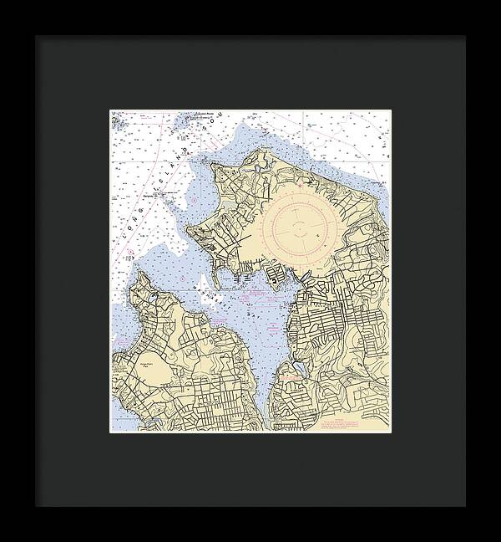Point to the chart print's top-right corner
pyautogui.click(x=390, y=110)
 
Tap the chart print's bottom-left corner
pyautogui.click(x=111, y=432)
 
